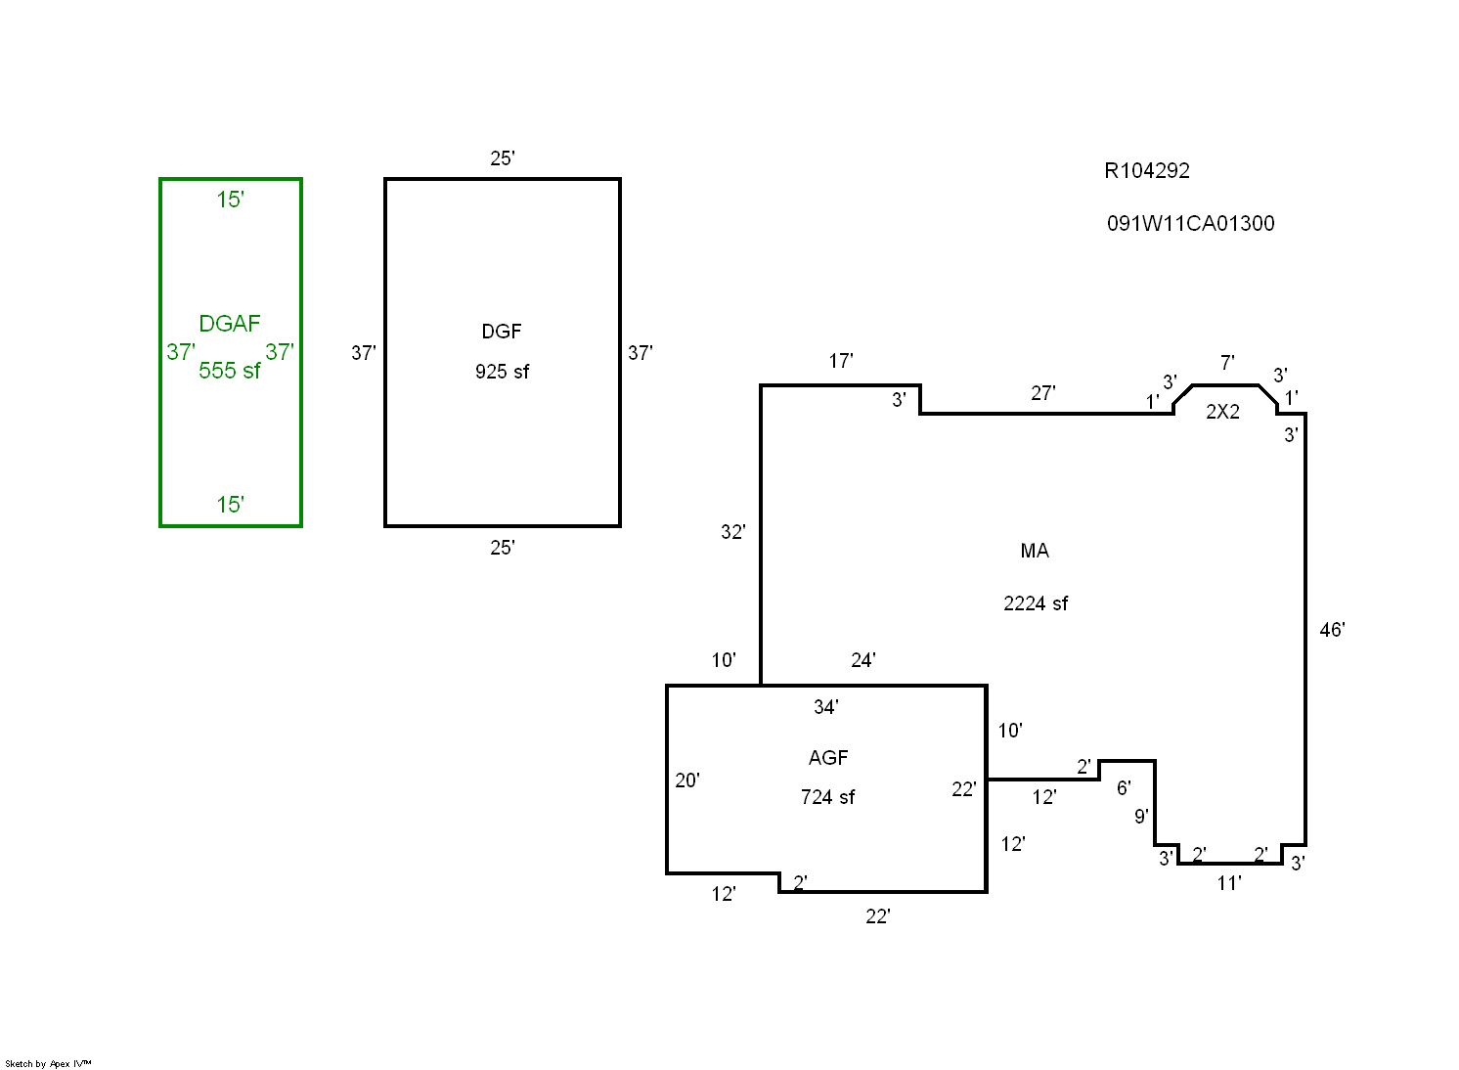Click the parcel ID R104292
(1146, 171)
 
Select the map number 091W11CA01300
(1191, 224)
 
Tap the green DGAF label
(229, 323)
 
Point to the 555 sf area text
(229, 370)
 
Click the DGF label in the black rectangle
(502, 331)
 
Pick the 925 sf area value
(503, 372)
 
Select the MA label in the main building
(1035, 551)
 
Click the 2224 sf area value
(1036, 603)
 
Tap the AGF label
(828, 758)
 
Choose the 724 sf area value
(828, 797)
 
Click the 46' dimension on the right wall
(1332, 630)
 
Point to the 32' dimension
(732, 532)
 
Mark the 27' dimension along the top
(1042, 393)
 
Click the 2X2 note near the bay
(1222, 411)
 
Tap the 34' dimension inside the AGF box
(826, 707)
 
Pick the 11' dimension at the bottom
(1229, 883)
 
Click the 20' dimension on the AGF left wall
(687, 780)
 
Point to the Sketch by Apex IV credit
(48, 1063)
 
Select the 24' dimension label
(863, 660)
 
